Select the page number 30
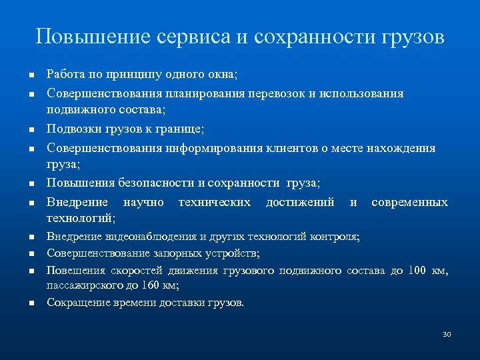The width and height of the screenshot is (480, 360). point(447,333)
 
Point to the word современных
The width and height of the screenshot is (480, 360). point(409,203)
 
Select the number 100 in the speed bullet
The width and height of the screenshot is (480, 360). point(419,271)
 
